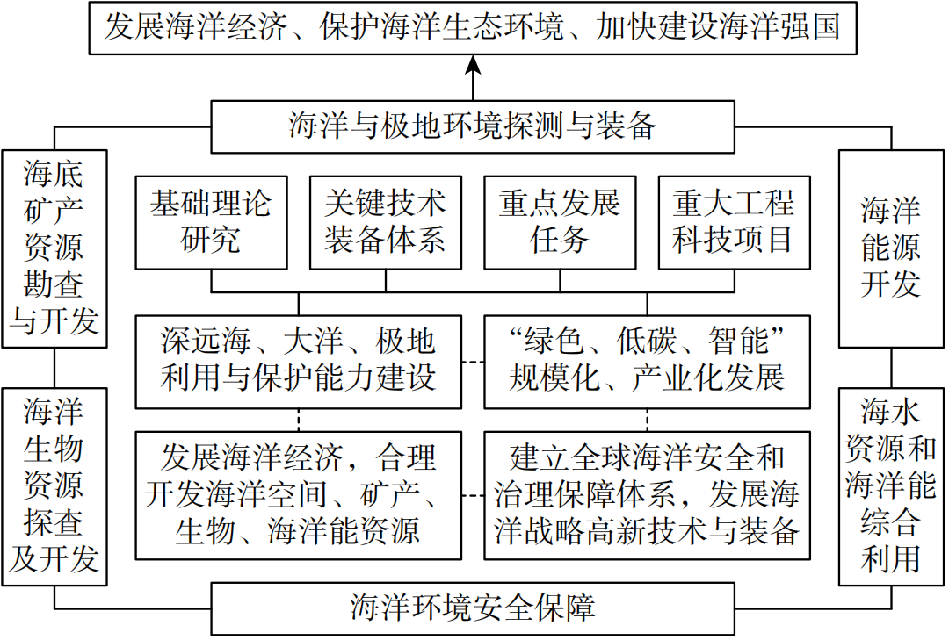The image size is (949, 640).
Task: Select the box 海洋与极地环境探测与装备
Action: (473, 126)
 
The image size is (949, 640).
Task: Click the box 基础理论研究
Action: (211, 222)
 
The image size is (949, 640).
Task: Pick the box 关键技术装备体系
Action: (385, 222)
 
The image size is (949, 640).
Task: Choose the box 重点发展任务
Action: (560, 222)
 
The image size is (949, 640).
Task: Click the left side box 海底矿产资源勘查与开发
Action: (54, 248)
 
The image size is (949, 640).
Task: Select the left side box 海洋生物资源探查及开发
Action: (54, 486)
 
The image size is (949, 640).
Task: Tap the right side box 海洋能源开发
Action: (891, 248)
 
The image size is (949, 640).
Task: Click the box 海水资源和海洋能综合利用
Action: (891, 486)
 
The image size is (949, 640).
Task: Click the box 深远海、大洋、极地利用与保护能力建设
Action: (298, 361)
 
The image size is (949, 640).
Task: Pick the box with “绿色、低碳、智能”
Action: (647, 361)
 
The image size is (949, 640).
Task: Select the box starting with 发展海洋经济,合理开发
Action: (298, 494)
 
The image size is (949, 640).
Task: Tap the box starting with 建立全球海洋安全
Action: (647, 494)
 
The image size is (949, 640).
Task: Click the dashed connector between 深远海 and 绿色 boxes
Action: (473, 361)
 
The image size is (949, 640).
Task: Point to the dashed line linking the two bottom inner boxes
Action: (473, 496)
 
